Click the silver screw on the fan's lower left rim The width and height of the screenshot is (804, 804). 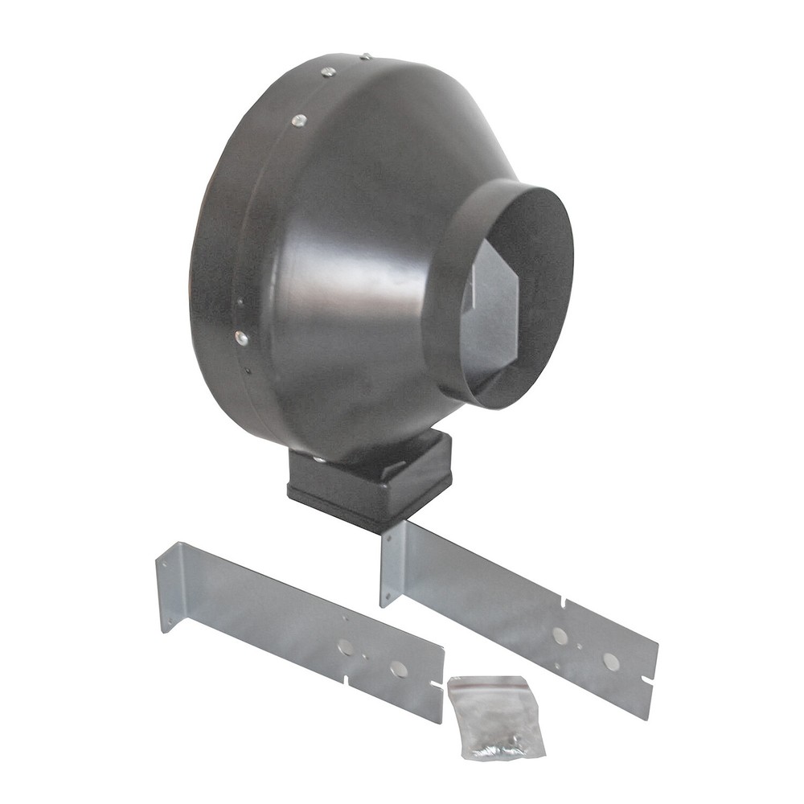[x=241, y=338]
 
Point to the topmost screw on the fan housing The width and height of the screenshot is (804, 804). [x=365, y=56]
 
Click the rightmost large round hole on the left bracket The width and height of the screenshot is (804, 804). [x=399, y=669]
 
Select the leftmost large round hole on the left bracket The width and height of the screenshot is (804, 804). [x=347, y=646]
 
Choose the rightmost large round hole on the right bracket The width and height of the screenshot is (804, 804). [x=611, y=661]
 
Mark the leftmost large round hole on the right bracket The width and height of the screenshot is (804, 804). [x=560, y=636]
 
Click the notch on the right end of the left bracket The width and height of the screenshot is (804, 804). [x=437, y=684]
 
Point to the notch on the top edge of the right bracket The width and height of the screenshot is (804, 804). [x=565, y=602]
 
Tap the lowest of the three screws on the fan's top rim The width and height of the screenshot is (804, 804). [x=298, y=121]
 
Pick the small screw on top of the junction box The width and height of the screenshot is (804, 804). [x=319, y=460]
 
